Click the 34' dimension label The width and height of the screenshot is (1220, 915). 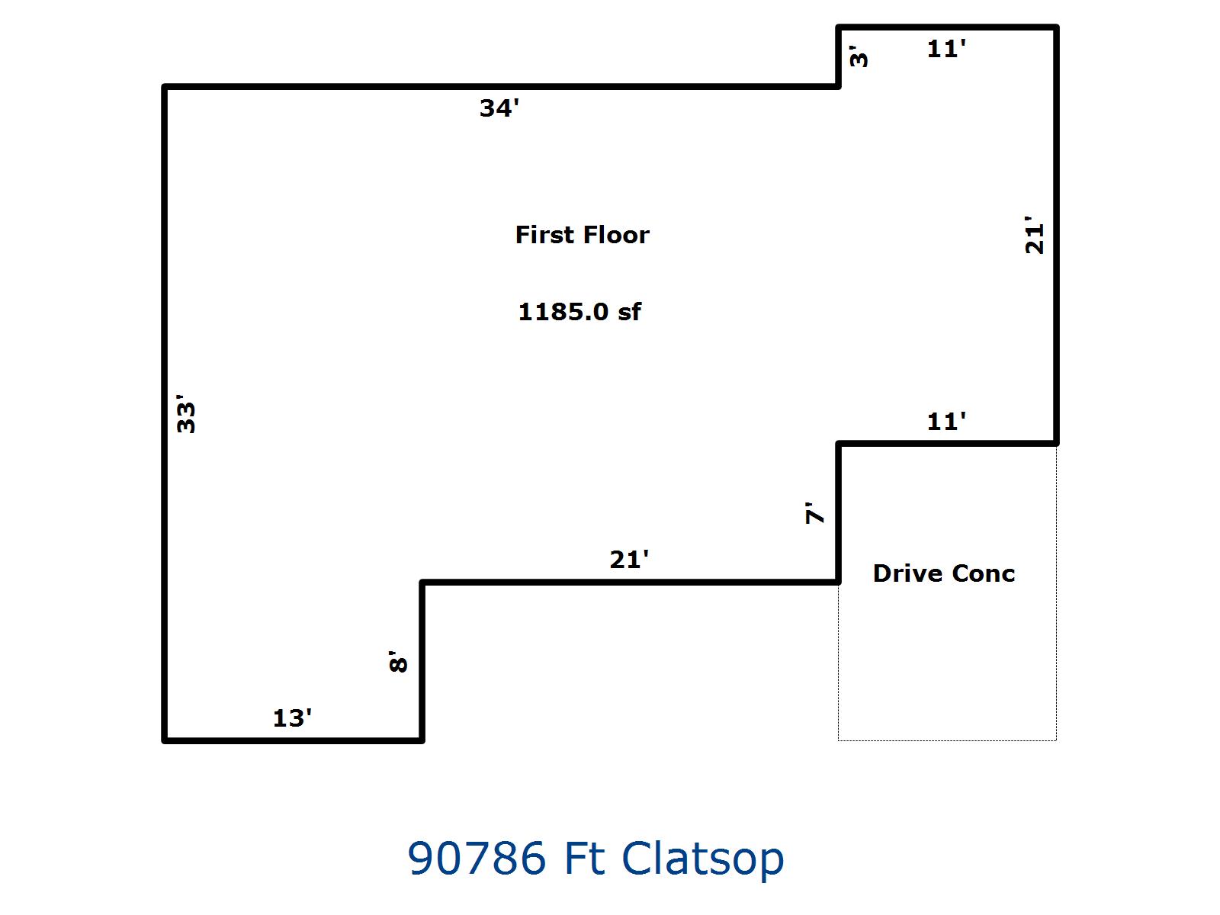[499, 108]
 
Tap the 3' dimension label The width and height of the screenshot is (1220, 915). [859, 57]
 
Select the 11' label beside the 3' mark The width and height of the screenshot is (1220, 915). [946, 49]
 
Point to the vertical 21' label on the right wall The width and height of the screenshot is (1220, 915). [1035, 237]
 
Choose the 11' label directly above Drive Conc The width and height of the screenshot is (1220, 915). [946, 421]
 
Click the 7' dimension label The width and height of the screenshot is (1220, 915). [815, 512]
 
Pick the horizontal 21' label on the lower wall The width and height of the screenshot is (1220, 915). [629, 560]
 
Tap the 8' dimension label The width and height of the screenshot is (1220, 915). [399, 661]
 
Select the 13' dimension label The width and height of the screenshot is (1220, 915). [292, 718]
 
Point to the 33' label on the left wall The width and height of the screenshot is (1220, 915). [186, 414]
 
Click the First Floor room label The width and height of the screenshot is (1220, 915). [582, 235]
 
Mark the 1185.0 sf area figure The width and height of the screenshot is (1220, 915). [579, 311]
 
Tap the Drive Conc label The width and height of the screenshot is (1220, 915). [943, 573]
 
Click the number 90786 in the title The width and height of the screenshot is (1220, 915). [477, 858]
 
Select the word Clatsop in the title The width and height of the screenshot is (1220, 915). [702, 858]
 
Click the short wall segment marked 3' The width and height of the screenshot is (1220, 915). [839, 57]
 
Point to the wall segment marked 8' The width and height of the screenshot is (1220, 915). [422, 661]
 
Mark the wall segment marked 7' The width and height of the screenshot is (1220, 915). [839, 512]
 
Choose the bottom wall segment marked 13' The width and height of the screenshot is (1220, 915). [294, 740]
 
